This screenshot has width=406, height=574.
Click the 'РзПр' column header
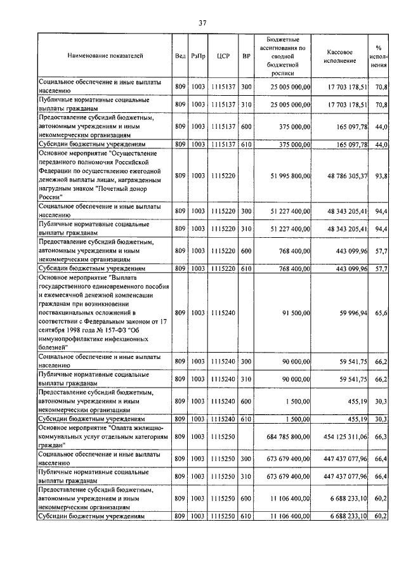[x=198, y=56]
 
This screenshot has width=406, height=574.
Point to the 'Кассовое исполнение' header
[x=344, y=56]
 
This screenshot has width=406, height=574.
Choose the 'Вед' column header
[x=180, y=56]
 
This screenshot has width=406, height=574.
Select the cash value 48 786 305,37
[x=344, y=176]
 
